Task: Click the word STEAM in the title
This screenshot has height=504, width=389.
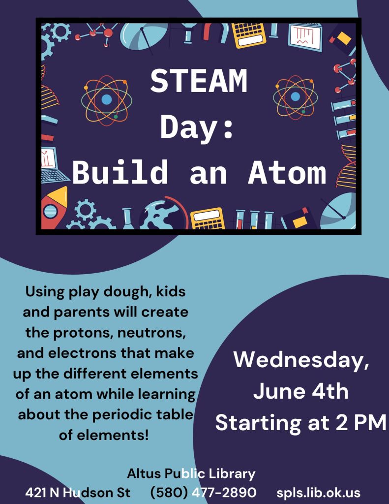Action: (x=199, y=81)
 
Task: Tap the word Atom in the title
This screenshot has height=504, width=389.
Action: (x=287, y=173)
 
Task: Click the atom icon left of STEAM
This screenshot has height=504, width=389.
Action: (x=106, y=100)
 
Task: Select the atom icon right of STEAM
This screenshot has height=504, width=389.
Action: (x=295, y=97)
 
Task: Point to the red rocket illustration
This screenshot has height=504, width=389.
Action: (x=54, y=208)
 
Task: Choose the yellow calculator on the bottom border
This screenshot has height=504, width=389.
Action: (x=208, y=219)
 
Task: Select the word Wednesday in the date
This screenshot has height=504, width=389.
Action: (x=301, y=360)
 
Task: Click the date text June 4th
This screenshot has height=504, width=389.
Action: (x=301, y=391)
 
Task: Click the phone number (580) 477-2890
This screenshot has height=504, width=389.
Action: (x=203, y=492)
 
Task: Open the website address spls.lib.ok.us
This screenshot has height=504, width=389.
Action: (x=318, y=492)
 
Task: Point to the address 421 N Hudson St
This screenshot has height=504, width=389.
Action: (x=78, y=492)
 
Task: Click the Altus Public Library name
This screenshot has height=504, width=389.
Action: (x=191, y=473)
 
